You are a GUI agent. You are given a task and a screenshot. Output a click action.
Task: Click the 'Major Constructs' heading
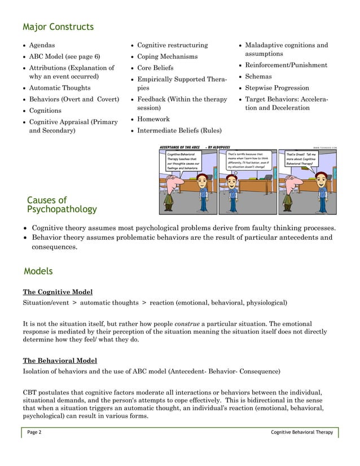(58, 27)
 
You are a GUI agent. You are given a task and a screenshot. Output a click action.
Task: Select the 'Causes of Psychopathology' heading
(62, 205)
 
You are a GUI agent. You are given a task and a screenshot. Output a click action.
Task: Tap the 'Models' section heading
(38, 271)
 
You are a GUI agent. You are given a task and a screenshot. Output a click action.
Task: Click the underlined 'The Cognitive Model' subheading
(58, 292)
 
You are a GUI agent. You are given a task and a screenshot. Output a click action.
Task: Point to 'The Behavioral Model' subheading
(59, 361)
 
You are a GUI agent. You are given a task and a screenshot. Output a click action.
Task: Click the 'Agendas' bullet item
(42, 45)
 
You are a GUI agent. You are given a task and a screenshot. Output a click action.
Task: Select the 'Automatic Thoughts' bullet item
(59, 88)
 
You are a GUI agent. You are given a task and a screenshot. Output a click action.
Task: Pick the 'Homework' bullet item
(153, 119)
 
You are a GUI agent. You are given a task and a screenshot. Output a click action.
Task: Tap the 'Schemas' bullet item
(258, 76)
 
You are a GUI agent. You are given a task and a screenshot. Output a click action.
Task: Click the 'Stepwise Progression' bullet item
(277, 88)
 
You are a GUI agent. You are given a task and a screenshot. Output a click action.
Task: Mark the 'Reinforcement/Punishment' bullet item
(286, 65)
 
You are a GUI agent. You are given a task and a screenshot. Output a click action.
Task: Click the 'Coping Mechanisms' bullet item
(168, 56)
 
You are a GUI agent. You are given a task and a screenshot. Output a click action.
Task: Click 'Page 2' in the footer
(34, 432)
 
